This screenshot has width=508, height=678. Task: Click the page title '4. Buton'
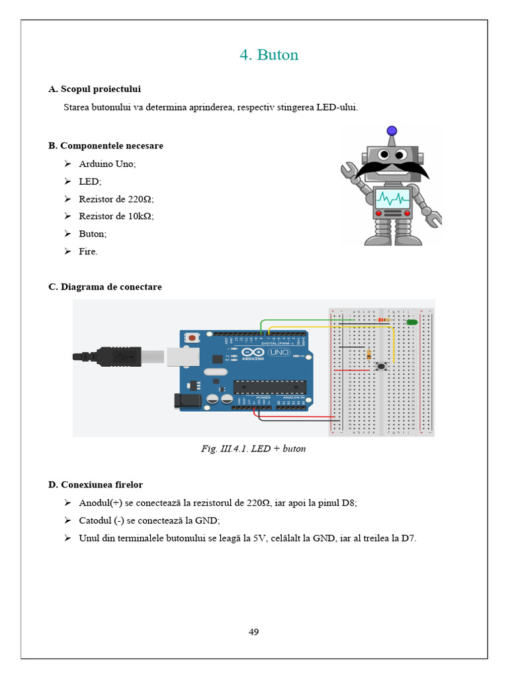point(269,55)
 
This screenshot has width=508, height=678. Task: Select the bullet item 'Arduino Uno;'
point(107,164)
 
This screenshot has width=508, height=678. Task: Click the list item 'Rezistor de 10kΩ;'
point(116,216)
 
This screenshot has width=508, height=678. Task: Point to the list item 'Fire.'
point(88,252)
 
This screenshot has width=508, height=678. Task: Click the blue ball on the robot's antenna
point(392,131)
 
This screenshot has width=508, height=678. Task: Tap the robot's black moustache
point(392,169)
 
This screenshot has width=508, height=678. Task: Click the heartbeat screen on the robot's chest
point(393,197)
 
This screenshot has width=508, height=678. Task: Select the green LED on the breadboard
point(411,322)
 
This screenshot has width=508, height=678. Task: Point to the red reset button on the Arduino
point(192,338)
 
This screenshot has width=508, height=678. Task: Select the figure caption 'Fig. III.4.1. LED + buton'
point(253,449)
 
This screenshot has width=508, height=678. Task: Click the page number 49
point(253,632)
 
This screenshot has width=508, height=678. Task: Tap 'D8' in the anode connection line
point(348,503)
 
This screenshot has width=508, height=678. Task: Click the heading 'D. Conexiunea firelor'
point(95,485)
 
